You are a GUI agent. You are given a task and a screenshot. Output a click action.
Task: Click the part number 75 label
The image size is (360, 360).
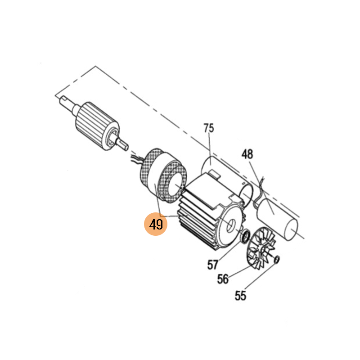(209, 128)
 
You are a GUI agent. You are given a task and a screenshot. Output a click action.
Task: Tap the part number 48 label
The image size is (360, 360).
(247, 154)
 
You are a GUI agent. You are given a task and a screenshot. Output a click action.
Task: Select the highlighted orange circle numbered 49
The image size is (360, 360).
(156, 224)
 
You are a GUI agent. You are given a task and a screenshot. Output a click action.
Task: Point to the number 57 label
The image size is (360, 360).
(212, 265)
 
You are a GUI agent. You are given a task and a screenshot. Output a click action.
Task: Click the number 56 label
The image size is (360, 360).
(223, 279)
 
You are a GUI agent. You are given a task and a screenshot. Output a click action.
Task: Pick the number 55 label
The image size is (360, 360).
(240, 296)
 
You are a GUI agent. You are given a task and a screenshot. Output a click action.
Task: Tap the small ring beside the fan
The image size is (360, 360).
(277, 260)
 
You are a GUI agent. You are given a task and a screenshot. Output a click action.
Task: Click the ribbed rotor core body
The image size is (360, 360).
(98, 126)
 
